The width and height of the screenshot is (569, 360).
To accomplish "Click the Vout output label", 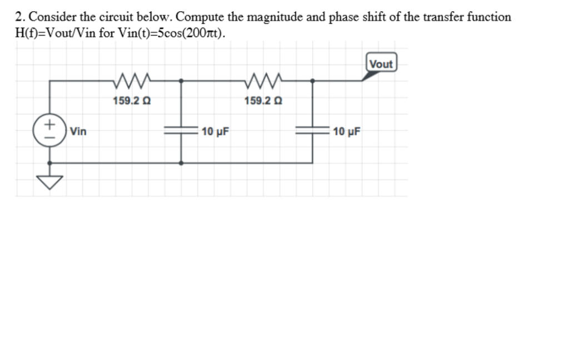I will [x=381, y=64].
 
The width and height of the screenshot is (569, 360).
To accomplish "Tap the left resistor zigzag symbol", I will [x=131, y=81].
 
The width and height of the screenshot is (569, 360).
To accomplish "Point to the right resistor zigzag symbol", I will [x=263, y=81].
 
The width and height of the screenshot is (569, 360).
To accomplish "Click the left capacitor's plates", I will [x=181, y=132].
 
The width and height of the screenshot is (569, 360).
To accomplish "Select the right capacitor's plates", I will [x=312, y=132].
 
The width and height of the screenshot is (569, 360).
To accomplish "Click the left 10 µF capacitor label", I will [x=216, y=132].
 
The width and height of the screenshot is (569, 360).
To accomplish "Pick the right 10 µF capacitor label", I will [x=347, y=132].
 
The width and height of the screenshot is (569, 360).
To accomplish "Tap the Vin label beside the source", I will [x=79, y=132].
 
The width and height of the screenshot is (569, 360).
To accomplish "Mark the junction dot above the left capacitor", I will [x=181, y=81].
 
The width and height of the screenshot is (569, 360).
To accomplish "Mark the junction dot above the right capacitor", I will [x=312, y=81].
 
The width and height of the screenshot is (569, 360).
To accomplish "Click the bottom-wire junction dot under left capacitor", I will [x=181, y=163].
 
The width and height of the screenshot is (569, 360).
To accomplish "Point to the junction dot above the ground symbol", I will [x=50, y=163].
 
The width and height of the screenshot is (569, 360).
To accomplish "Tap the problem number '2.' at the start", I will [x=20, y=17].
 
